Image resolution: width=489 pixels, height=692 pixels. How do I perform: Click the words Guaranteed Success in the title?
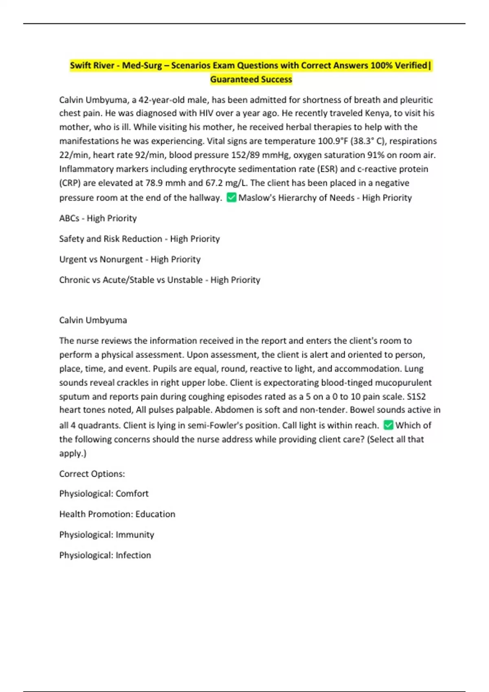pos(251,79)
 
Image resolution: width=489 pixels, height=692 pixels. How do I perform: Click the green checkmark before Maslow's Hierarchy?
pos(231,197)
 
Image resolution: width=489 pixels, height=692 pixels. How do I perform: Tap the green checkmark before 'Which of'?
pos(388,425)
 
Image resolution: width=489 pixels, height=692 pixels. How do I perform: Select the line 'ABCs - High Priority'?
pos(98,218)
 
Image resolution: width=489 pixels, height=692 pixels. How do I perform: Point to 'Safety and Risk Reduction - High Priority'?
pos(139,239)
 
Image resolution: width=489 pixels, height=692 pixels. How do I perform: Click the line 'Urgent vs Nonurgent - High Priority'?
pos(130,259)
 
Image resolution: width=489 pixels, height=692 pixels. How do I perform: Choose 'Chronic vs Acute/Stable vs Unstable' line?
pos(159,280)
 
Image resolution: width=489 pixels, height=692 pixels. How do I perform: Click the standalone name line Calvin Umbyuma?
pos(93,320)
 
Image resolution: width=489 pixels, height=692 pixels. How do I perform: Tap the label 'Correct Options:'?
pos(92,474)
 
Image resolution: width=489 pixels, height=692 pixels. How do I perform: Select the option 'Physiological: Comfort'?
pos(104,494)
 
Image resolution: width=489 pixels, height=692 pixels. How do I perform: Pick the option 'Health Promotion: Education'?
pos(117,514)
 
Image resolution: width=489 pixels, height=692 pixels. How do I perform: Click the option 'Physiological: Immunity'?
pos(106,535)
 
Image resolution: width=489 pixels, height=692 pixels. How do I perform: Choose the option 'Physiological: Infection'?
pos(105,555)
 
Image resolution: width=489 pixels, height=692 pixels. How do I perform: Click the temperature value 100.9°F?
pos(333,141)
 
